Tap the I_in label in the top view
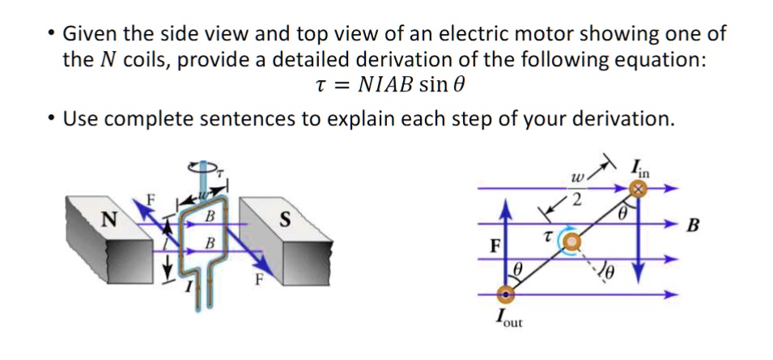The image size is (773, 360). pyautogui.click(x=639, y=170)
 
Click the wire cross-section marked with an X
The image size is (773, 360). pyautogui.click(x=640, y=189)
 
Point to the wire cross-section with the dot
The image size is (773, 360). pyautogui.click(x=508, y=294)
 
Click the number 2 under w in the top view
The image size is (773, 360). pyautogui.click(x=577, y=198)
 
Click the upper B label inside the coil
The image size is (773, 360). pyautogui.click(x=209, y=216)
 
